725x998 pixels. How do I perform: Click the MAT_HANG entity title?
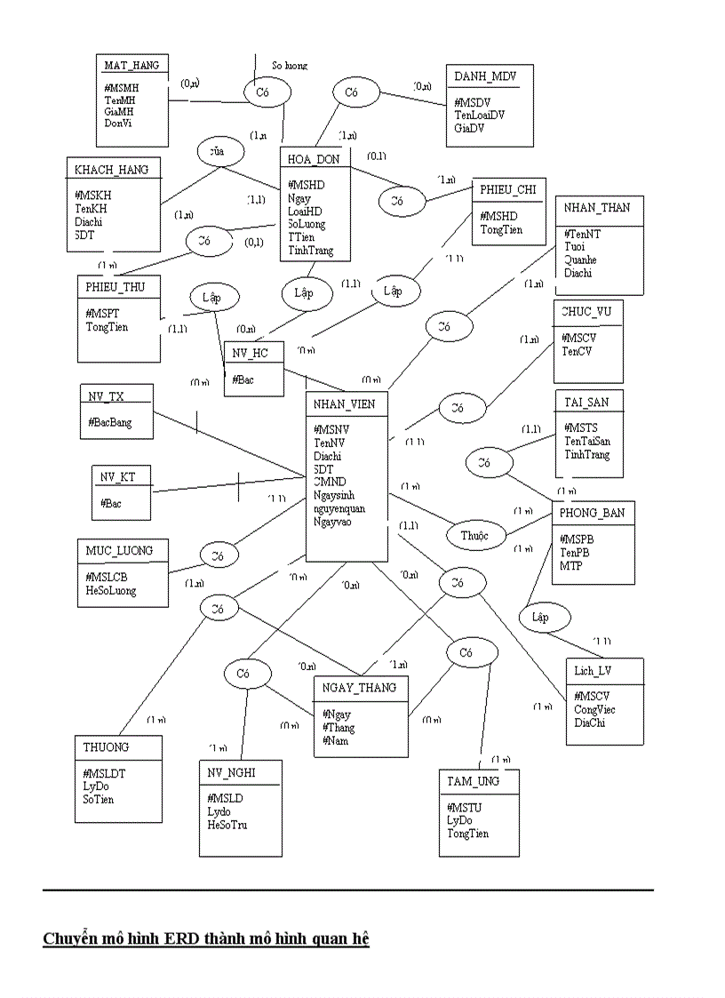(131, 65)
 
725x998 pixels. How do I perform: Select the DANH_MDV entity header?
(485, 76)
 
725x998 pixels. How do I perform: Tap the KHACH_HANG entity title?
(111, 169)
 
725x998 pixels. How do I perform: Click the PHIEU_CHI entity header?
(507, 189)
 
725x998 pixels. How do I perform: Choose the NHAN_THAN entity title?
(596, 207)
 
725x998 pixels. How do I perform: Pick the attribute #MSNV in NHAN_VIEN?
(331, 429)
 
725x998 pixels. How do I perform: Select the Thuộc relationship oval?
(474, 536)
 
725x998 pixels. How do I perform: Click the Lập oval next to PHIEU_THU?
(211, 298)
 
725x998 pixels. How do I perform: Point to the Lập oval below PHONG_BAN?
(540, 617)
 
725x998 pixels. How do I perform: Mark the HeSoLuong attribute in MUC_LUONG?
(111, 590)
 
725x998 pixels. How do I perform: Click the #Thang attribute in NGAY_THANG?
(339, 727)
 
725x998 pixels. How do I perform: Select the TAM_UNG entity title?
(474, 780)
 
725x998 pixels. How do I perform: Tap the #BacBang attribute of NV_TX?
(110, 422)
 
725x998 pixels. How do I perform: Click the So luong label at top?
(290, 65)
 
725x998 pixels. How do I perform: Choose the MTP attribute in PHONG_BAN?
(570, 565)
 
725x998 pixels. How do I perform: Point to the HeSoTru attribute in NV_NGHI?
(227, 825)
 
